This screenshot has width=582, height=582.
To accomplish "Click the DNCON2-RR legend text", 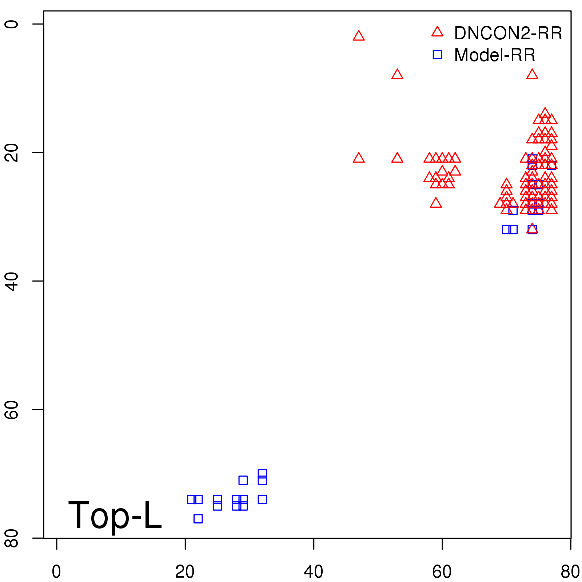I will (x=508, y=33).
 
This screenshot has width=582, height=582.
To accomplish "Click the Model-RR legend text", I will (x=495, y=55).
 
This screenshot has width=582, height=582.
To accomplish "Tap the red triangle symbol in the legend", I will (x=437, y=32).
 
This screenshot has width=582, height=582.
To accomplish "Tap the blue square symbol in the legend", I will (x=437, y=55).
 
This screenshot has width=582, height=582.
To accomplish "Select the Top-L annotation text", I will (x=115, y=515).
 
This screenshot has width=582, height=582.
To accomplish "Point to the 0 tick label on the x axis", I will (x=56, y=572).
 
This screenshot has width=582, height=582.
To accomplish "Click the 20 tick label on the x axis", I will (x=185, y=572).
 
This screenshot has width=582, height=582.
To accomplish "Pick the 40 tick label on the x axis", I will (x=313, y=572).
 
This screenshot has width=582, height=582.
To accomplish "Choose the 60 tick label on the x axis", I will (x=442, y=572).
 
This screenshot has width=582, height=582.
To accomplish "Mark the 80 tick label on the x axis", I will (x=570, y=572).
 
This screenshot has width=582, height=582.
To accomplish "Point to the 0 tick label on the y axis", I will (x=12, y=24).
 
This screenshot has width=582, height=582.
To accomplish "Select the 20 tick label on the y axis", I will (x=12, y=152).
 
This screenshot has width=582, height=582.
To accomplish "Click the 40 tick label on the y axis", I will (x=12, y=281).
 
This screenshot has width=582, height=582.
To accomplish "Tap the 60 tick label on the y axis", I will (x=12, y=409).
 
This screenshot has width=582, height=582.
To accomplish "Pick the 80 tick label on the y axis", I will (x=12, y=538).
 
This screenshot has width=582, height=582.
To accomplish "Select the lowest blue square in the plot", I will (x=198, y=519).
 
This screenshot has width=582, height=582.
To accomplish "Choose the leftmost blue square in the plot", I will (x=191, y=499).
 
